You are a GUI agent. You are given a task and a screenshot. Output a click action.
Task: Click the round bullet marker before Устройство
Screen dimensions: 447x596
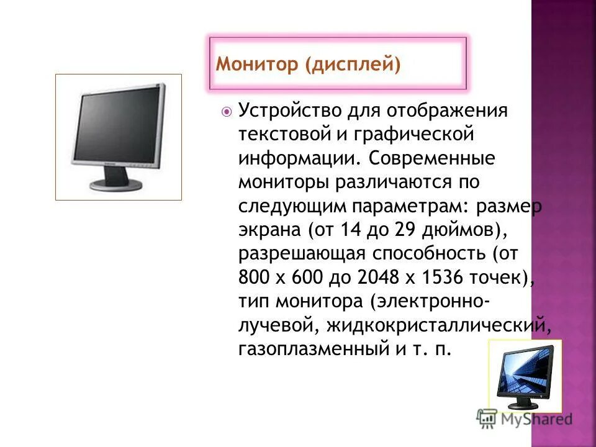(x=227, y=112)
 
